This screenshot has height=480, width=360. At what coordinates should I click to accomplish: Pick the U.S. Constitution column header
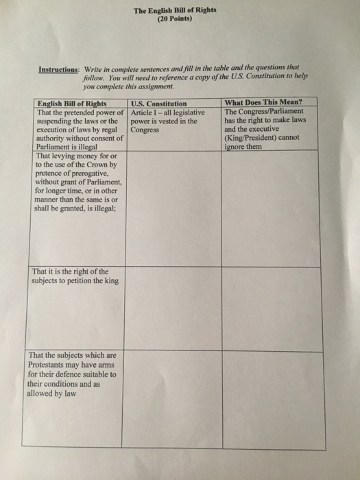(159, 104)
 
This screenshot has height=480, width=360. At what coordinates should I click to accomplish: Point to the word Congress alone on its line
(145, 129)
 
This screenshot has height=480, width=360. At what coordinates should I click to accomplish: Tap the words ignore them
(243, 145)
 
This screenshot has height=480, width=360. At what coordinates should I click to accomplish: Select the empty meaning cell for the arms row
(269, 398)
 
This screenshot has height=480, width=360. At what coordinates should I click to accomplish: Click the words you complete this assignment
(123, 87)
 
